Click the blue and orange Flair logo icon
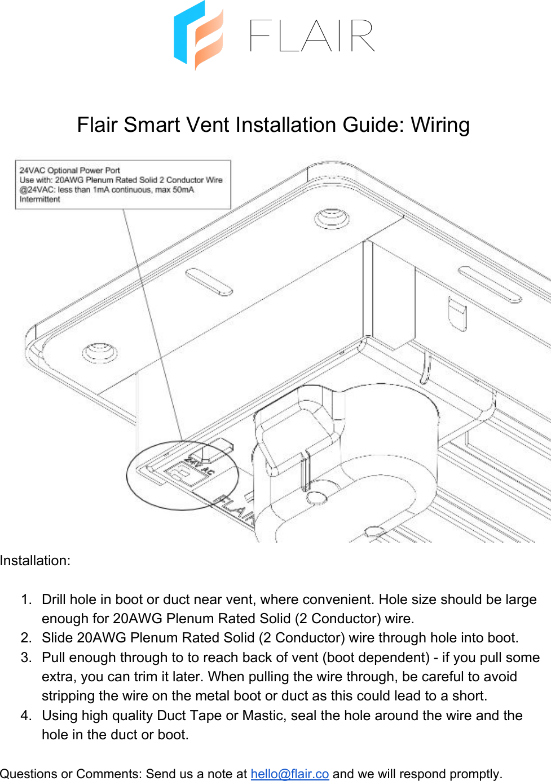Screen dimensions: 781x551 tap(198, 35)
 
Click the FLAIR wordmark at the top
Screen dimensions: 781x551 tap(312, 36)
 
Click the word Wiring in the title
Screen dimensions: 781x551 tap(440, 125)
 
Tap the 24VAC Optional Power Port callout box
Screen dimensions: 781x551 tap(123, 185)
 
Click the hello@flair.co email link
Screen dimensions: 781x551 tap(289, 774)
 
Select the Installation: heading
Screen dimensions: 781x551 tap(35, 561)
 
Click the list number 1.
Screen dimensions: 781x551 tap(26, 600)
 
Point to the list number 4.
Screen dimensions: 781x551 tap(26, 716)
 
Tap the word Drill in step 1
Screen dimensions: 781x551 tap(54, 600)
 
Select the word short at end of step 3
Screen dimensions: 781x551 tap(468, 696)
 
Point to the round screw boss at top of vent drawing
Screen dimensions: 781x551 tap(331, 218)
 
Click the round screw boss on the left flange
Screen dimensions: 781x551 tap(99, 353)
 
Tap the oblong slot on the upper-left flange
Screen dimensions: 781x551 tap(209, 282)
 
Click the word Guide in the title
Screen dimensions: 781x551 tap(373, 125)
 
